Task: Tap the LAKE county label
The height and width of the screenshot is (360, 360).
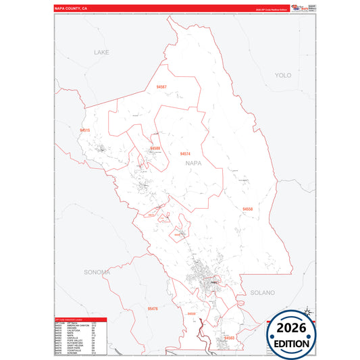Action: (x=101, y=52)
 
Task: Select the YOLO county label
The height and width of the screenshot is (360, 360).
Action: (x=282, y=76)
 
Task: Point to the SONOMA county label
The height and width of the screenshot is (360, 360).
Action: (x=97, y=272)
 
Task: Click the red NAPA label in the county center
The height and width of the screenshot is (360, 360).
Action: (x=193, y=163)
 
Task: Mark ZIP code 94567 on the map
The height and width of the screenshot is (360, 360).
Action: (x=161, y=88)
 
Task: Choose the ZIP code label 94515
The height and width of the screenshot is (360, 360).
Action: (x=84, y=130)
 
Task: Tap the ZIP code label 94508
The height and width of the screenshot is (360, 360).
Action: (x=155, y=148)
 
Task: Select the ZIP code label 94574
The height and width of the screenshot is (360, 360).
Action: (x=185, y=155)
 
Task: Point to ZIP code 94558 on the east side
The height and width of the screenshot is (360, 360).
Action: (x=248, y=209)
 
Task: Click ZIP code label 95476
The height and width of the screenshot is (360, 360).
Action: (x=153, y=309)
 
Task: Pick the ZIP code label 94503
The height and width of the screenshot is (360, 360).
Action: (x=229, y=338)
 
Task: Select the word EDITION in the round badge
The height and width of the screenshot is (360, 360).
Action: (x=290, y=343)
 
